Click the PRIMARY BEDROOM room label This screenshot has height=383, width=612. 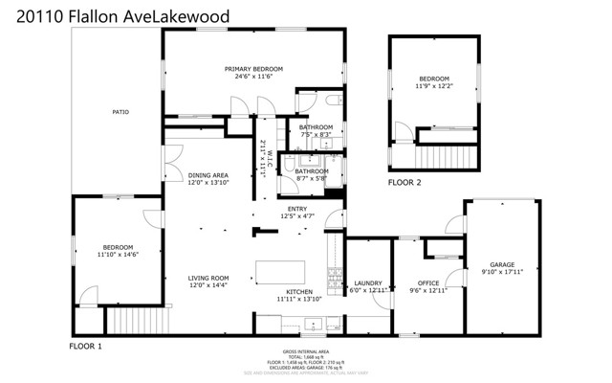pyautogui.click(x=253, y=69)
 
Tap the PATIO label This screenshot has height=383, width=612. pyautogui.click(x=120, y=113)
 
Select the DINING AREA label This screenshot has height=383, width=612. pyautogui.click(x=208, y=175)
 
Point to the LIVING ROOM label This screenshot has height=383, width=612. pyautogui.click(x=208, y=278)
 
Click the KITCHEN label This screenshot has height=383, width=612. pyautogui.click(x=299, y=292)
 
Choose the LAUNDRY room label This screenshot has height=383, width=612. pyautogui.click(x=367, y=282)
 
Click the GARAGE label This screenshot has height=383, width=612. pyautogui.click(x=502, y=264)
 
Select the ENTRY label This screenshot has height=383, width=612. pyautogui.click(x=296, y=209)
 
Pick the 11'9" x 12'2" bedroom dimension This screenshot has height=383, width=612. pyautogui.click(x=433, y=85)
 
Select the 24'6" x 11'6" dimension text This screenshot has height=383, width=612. pyautogui.click(x=253, y=77)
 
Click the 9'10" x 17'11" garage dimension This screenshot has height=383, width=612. pyautogui.click(x=502, y=272)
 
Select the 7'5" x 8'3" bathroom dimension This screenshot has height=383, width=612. pyautogui.click(x=316, y=135)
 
